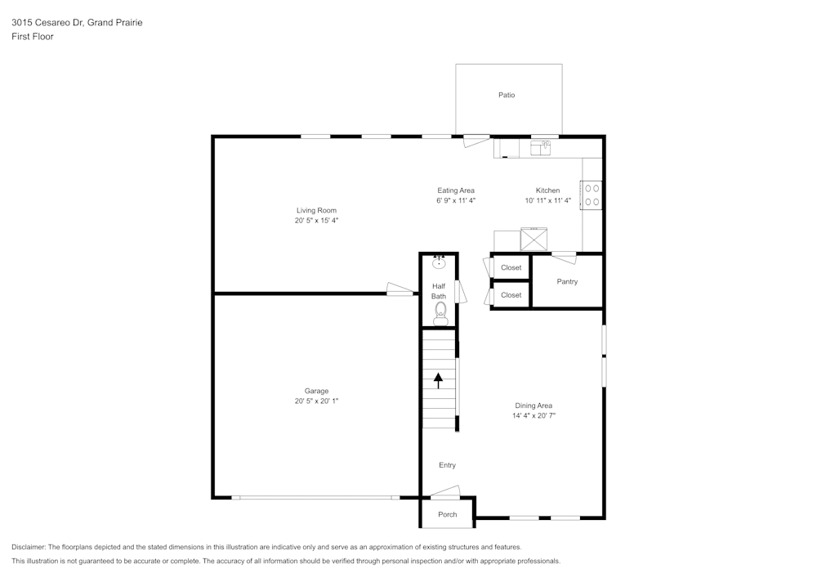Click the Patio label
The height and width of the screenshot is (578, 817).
507,95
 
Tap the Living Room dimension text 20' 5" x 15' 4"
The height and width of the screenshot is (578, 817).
316,220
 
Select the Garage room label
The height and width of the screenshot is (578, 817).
316,391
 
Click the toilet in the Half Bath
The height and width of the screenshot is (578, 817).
440,312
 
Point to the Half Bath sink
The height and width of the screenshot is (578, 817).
440,262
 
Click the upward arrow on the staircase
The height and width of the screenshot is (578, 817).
438,379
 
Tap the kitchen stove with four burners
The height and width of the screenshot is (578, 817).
592,194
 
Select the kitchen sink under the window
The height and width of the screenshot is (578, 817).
541,148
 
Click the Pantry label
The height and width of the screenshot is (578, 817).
567,281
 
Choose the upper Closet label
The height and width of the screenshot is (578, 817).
511,267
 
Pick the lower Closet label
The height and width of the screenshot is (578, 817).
511,295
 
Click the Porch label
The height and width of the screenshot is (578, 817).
447,514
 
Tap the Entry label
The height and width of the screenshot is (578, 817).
447,465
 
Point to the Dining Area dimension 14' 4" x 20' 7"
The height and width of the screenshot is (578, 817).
534,415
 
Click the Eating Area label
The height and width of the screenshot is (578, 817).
456,190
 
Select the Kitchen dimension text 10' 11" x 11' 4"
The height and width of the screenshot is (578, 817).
547,200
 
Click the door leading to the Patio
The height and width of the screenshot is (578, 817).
476,141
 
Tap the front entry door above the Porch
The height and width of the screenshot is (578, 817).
445,493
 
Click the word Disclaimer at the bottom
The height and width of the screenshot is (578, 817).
29,547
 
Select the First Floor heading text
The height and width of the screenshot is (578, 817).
33,37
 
